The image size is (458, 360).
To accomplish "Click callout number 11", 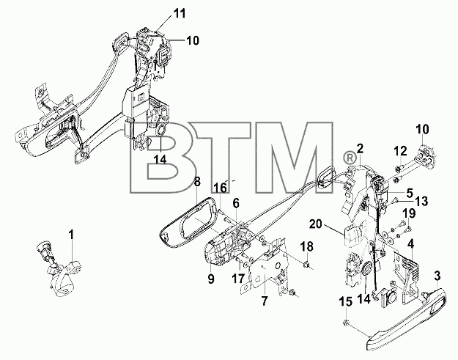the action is coord(180,13).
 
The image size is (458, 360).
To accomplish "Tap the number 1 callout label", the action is coord(71,235).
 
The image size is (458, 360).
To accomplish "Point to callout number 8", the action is coord(197,182).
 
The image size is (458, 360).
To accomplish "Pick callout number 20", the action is coord(315,224).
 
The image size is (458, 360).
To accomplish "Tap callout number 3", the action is coord(437,276).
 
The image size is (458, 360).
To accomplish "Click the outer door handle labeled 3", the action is coord(406,318).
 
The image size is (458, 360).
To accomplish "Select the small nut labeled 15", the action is coord(345,323).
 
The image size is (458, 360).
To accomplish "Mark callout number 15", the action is coord(346,303).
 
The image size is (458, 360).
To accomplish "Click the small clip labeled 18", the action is coord(306,265).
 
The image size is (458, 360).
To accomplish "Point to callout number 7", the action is coord(265,301).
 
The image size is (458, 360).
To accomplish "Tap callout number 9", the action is coord(211,279).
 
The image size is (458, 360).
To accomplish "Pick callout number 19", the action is coord(410,213).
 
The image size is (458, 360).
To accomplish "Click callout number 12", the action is coord(400,151).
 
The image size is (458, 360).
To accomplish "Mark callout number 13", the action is coord(421,201).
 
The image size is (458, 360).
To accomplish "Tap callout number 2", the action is coord(360,150).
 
